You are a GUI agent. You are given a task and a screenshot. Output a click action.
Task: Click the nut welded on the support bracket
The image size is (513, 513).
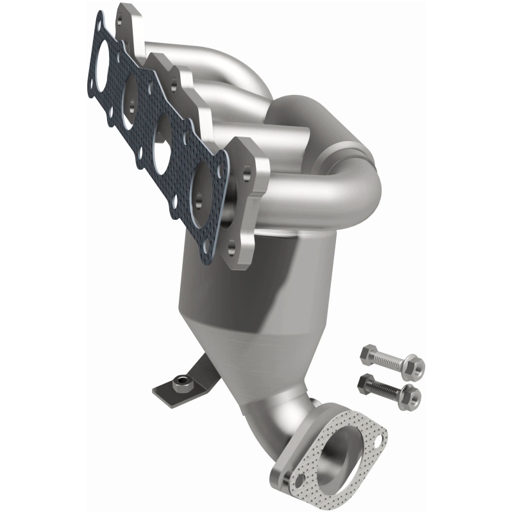(x=183, y=383)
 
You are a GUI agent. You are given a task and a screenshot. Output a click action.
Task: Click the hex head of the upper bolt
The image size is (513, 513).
(x=368, y=353)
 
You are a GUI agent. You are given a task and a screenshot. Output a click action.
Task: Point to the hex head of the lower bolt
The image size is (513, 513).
(x=363, y=383)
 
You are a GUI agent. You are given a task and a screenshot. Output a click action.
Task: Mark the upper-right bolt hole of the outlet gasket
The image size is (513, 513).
(x=382, y=441)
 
